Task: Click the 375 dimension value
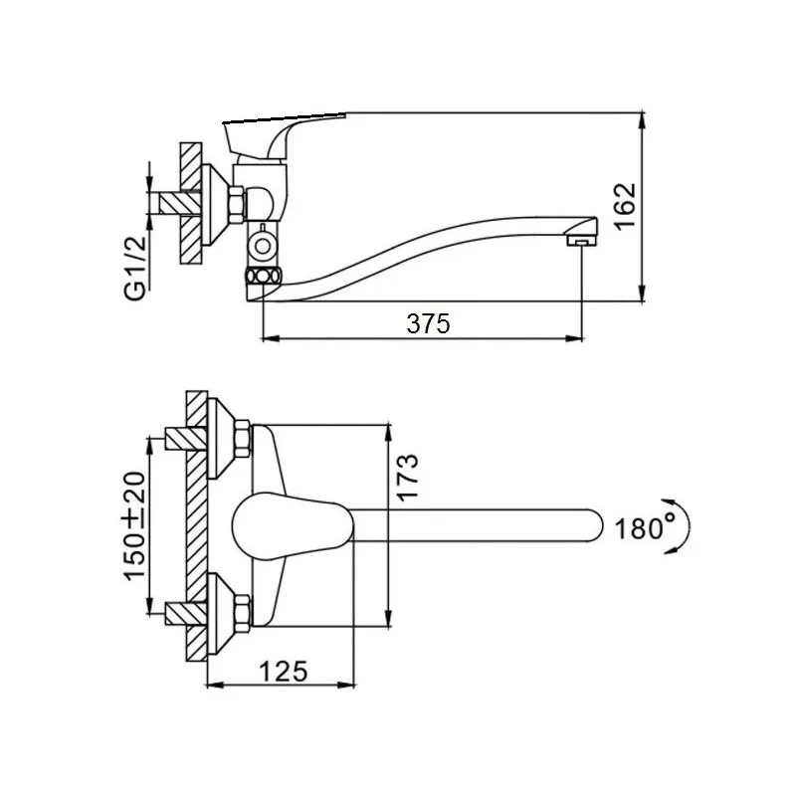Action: [428, 323]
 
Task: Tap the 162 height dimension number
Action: [625, 206]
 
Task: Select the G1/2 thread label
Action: [135, 269]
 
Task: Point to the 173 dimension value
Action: [407, 478]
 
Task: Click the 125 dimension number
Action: [284, 672]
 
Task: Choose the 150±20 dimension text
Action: [134, 526]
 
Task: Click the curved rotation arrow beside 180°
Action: [681, 526]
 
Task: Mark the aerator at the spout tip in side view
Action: [581, 240]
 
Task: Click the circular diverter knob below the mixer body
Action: [263, 246]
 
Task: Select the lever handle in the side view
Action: [285, 134]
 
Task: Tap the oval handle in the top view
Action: [293, 526]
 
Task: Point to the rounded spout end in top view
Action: [591, 525]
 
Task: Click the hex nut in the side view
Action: [236, 205]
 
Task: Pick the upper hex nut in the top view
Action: [243, 438]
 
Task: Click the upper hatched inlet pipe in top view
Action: [186, 439]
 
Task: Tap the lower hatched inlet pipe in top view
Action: [186, 613]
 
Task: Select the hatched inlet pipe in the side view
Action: [180, 204]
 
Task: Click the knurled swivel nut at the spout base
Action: [263, 277]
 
